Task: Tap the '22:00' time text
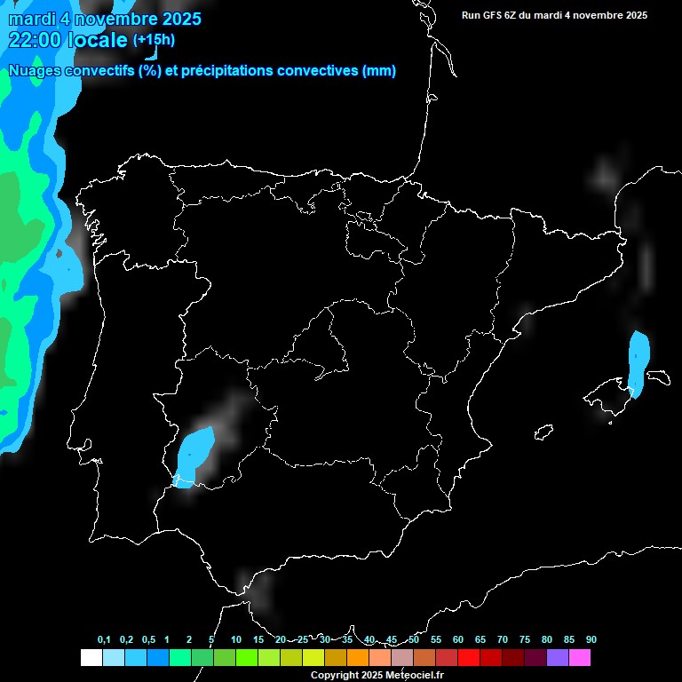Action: point(35,40)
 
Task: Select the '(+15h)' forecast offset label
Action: point(154,40)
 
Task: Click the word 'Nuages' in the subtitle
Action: point(35,71)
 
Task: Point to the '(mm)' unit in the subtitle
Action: point(379,71)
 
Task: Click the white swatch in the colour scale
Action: point(91,658)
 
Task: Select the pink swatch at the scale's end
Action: point(579,658)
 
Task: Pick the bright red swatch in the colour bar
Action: point(468,658)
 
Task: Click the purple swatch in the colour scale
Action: point(557,658)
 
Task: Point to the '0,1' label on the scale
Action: point(104,640)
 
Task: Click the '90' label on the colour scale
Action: point(591,640)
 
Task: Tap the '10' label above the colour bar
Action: point(235,640)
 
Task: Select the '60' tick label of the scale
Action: point(458,640)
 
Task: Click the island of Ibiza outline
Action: point(543,432)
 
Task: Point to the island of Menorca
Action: point(658,376)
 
